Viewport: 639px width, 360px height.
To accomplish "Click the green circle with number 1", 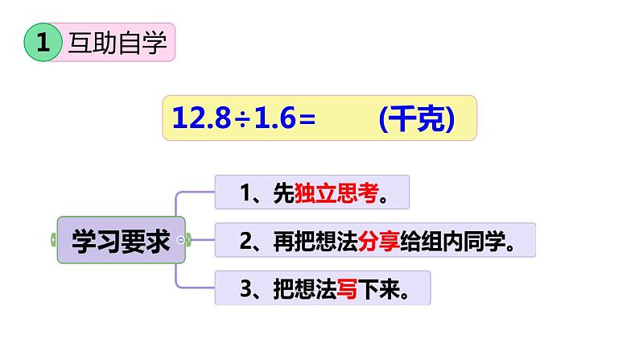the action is point(43,43).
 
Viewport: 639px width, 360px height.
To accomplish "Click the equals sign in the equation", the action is point(305,118).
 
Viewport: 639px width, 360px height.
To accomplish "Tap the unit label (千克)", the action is point(417,118).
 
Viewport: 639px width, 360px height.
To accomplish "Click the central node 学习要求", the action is point(122,240).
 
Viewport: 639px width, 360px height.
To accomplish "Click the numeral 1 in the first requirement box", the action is point(246,194).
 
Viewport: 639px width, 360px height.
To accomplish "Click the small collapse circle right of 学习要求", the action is point(188,240).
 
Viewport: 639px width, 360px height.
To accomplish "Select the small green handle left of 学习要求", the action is point(54,240).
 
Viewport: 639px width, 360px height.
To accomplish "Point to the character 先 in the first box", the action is point(280,194).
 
